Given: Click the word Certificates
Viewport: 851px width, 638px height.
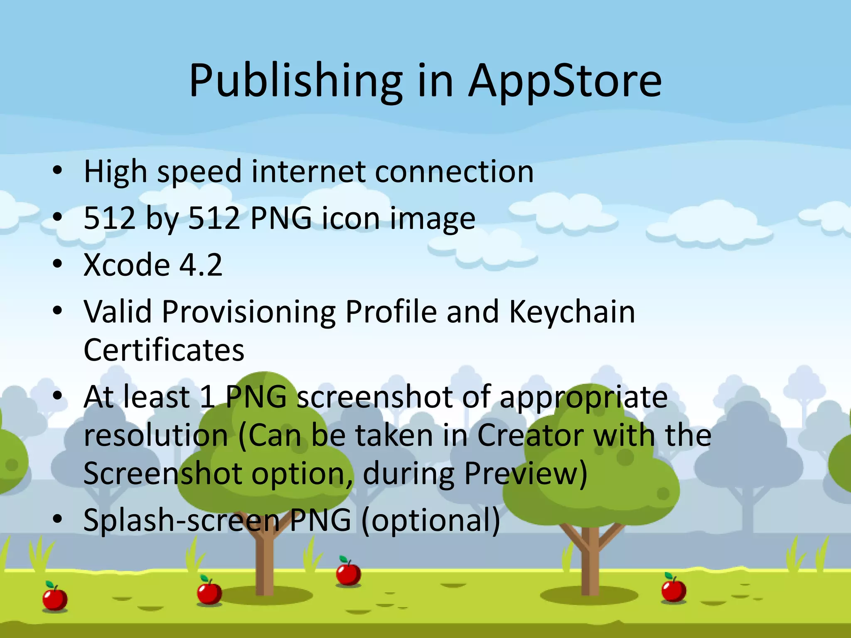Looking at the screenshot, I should [164, 350].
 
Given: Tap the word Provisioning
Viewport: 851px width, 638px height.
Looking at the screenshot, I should [248, 312].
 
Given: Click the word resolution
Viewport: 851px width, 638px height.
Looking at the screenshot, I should [156, 435].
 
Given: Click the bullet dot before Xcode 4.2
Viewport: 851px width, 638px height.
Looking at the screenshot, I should [58, 264].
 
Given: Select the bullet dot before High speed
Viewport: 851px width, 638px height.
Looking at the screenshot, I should [58, 170].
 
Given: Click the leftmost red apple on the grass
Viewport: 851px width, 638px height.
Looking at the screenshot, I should [55, 598].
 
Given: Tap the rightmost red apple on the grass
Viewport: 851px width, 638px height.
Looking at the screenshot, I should [674, 590].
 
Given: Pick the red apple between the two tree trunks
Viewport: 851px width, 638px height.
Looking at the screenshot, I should [348, 574].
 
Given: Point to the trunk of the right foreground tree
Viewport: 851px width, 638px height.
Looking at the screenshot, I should [590, 561].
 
